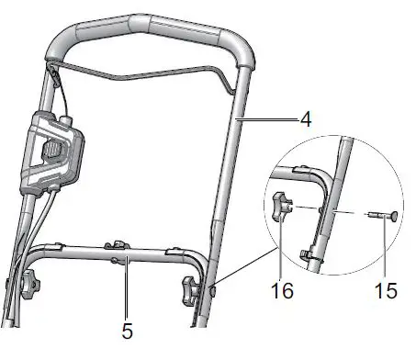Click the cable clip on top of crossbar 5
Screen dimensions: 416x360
(x=116, y=243)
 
